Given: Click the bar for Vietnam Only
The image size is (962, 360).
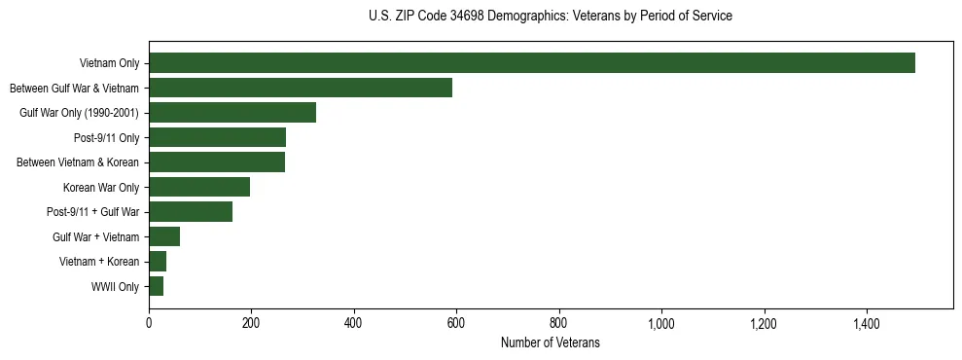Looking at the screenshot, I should coord(531,63).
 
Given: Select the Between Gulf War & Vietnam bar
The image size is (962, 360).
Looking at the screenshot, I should coord(301,88).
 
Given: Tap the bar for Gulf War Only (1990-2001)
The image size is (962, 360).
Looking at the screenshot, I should coord(232,113).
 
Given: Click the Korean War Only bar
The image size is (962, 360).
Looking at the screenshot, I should coord(199,187).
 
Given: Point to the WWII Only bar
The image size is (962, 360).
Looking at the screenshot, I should coord(156,286).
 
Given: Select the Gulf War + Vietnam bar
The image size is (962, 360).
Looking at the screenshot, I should coord(164,236).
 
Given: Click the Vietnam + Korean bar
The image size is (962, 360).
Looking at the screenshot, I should coord(158,262).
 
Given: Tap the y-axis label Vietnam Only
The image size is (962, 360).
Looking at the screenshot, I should coord(109,64).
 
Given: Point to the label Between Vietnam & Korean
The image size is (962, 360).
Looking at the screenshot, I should coord(78,162).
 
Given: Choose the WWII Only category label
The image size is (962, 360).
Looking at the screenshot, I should coord(115,287).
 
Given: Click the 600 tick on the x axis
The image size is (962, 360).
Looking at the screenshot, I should coord(456,323).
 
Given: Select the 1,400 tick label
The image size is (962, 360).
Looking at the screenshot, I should coord(866,323).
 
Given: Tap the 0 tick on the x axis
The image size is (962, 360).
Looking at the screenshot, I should coord(149,323).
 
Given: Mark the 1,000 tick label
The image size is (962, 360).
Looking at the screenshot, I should coord(661,323).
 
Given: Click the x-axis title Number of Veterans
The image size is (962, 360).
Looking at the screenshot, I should coord(550,343).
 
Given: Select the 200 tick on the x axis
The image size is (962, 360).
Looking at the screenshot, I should coord(251,323).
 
